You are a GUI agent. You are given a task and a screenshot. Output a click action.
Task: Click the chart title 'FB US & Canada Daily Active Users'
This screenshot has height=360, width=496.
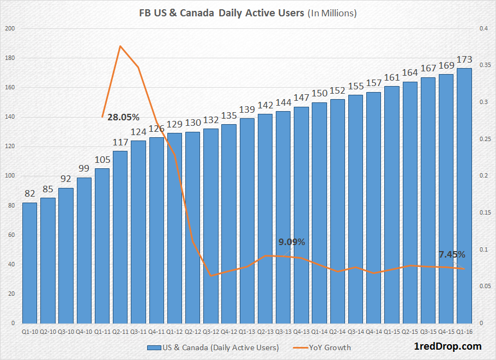pos(221,13)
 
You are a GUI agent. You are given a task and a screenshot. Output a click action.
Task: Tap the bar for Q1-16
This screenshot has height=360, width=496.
pos(464,196)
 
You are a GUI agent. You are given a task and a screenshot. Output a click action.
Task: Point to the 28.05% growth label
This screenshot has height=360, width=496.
pos(123,117)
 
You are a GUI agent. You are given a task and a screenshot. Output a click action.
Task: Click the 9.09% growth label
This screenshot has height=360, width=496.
pos(292,242)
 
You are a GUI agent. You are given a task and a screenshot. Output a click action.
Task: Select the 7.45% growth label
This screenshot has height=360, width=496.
pos(451,254)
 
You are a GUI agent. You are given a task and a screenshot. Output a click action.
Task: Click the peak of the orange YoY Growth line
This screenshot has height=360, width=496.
pos(120,46)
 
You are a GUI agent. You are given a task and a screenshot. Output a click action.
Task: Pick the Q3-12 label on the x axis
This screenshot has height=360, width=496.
pos(210,331)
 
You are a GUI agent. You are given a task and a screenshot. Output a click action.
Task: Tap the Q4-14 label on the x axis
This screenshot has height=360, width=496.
pos(373,331)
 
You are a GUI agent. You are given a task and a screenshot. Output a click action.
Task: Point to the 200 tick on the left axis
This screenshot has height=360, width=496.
pos(9,28)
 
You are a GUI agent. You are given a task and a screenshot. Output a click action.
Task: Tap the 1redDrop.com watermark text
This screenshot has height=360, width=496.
pos(447,346)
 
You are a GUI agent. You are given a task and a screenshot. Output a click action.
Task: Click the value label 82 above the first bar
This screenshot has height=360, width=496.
pos(29,194)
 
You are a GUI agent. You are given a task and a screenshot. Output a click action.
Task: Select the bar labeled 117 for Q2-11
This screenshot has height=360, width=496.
pos(120,237)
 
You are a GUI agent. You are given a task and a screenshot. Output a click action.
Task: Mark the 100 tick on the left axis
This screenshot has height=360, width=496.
pos(9,176)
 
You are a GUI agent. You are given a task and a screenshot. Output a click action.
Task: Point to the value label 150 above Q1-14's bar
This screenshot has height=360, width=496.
pos(319,94)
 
